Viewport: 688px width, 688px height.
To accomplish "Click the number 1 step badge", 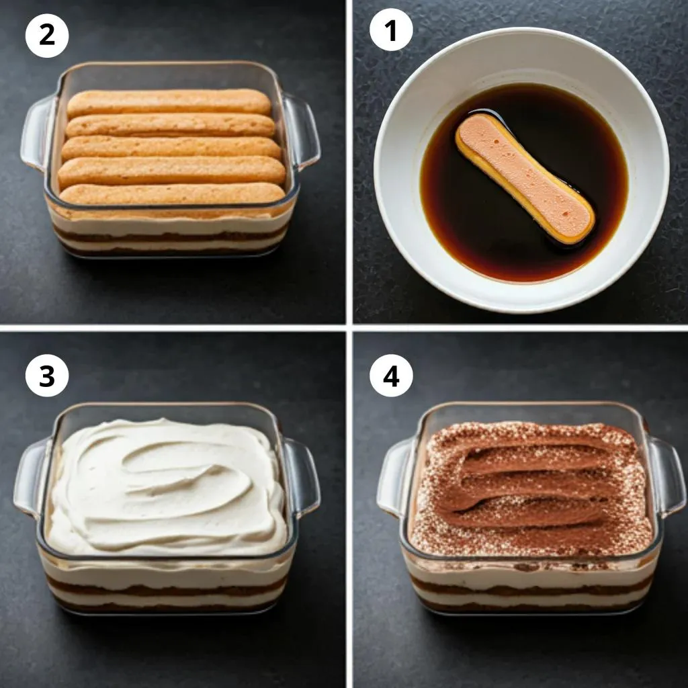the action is click(391, 30).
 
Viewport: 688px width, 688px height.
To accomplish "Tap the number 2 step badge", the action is click(47, 36).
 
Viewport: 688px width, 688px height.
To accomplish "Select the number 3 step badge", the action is click(47, 376).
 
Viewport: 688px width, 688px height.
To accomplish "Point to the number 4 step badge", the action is click(391, 376).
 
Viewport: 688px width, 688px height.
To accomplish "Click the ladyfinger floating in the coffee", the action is click(525, 179).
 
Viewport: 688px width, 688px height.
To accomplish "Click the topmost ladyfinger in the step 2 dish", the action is click(169, 103).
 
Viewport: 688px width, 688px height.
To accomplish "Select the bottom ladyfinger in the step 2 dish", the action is click(172, 193).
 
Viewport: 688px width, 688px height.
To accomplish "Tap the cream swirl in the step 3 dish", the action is click(167, 487).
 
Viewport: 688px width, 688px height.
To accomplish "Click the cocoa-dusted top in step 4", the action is click(531, 489).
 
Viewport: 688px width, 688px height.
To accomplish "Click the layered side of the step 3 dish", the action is click(167, 586).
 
